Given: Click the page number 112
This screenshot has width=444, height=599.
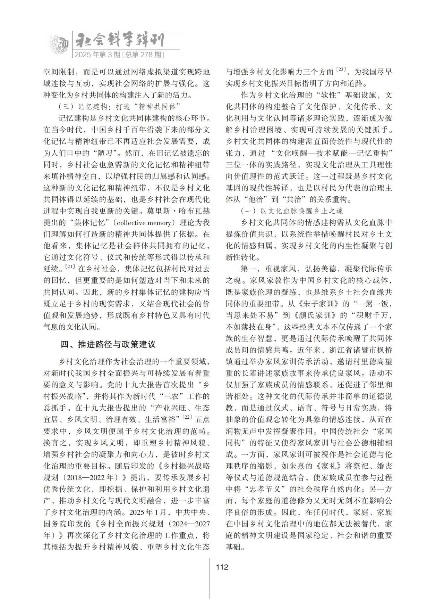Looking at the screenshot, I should (222, 567).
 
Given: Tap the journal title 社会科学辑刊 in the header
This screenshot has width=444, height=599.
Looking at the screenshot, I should (120, 41).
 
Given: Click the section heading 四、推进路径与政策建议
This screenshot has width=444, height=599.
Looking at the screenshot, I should (108, 344).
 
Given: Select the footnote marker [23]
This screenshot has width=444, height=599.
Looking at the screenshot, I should (341, 71).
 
